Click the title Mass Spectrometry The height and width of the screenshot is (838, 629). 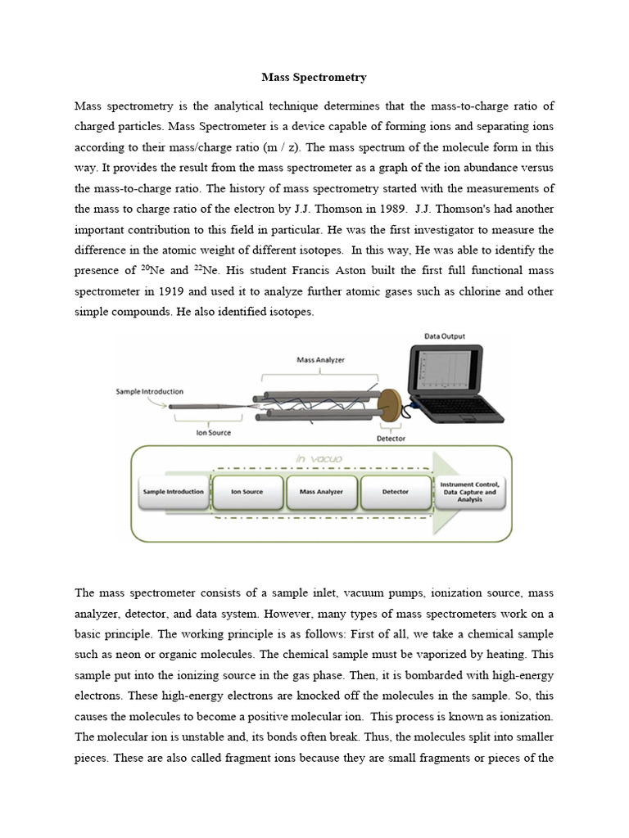314,78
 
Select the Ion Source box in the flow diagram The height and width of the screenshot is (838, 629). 247,493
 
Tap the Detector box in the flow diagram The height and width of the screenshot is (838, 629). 396,493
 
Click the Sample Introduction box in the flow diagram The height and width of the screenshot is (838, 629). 172,493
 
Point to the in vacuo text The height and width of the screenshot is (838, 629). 322,459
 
